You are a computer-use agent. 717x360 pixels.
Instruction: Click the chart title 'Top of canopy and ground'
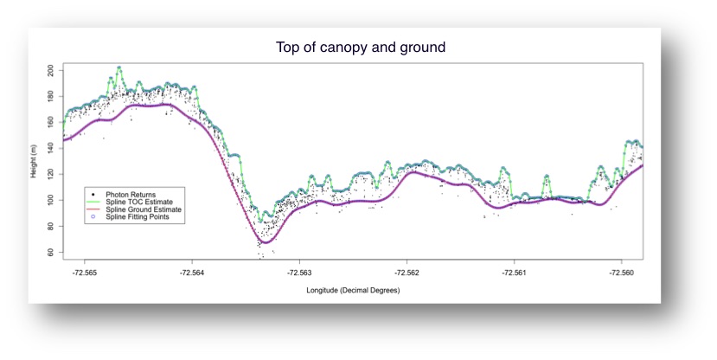pos(360,48)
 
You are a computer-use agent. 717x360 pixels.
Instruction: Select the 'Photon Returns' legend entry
pos(130,195)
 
